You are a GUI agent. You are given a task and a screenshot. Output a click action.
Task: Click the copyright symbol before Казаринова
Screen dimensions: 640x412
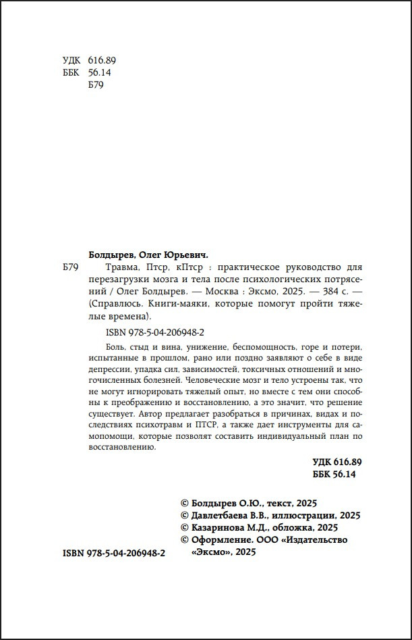[x=185, y=527]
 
